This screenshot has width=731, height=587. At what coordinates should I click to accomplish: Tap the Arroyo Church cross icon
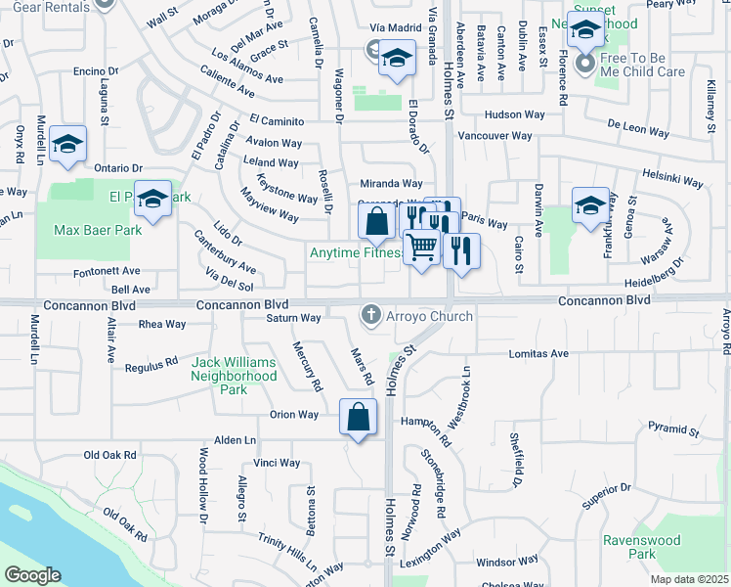pyautogui.click(x=370, y=315)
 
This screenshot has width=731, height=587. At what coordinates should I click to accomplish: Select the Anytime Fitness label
pyautogui.click(x=357, y=253)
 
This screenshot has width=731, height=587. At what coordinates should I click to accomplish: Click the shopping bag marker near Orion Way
pyautogui.click(x=359, y=418)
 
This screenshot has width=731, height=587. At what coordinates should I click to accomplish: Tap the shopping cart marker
pyautogui.click(x=421, y=248)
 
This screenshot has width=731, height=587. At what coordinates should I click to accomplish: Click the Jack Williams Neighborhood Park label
pyautogui.click(x=234, y=376)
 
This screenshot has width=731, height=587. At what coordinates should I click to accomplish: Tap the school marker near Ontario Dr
pyautogui.click(x=67, y=145)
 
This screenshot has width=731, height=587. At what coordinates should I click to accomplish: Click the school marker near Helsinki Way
pyautogui.click(x=590, y=206)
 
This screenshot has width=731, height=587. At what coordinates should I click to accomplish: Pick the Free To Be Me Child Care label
pyautogui.click(x=643, y=65)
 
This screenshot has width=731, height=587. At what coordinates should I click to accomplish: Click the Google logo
pyautogui.click(x=32, y=575)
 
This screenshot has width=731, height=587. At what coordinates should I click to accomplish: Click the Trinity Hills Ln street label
pyautogui.click(x=286, y=550)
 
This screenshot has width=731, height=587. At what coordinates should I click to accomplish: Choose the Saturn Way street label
pyautogui.click(x=294, y=318)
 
